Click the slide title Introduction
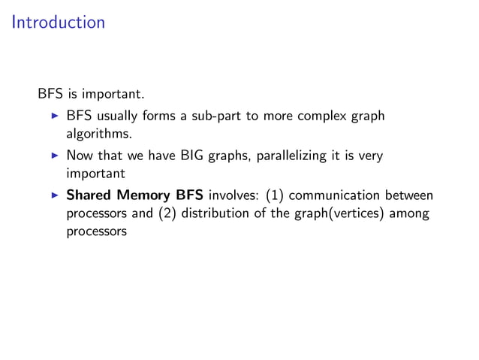59,23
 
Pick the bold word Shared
88,195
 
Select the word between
412,195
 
